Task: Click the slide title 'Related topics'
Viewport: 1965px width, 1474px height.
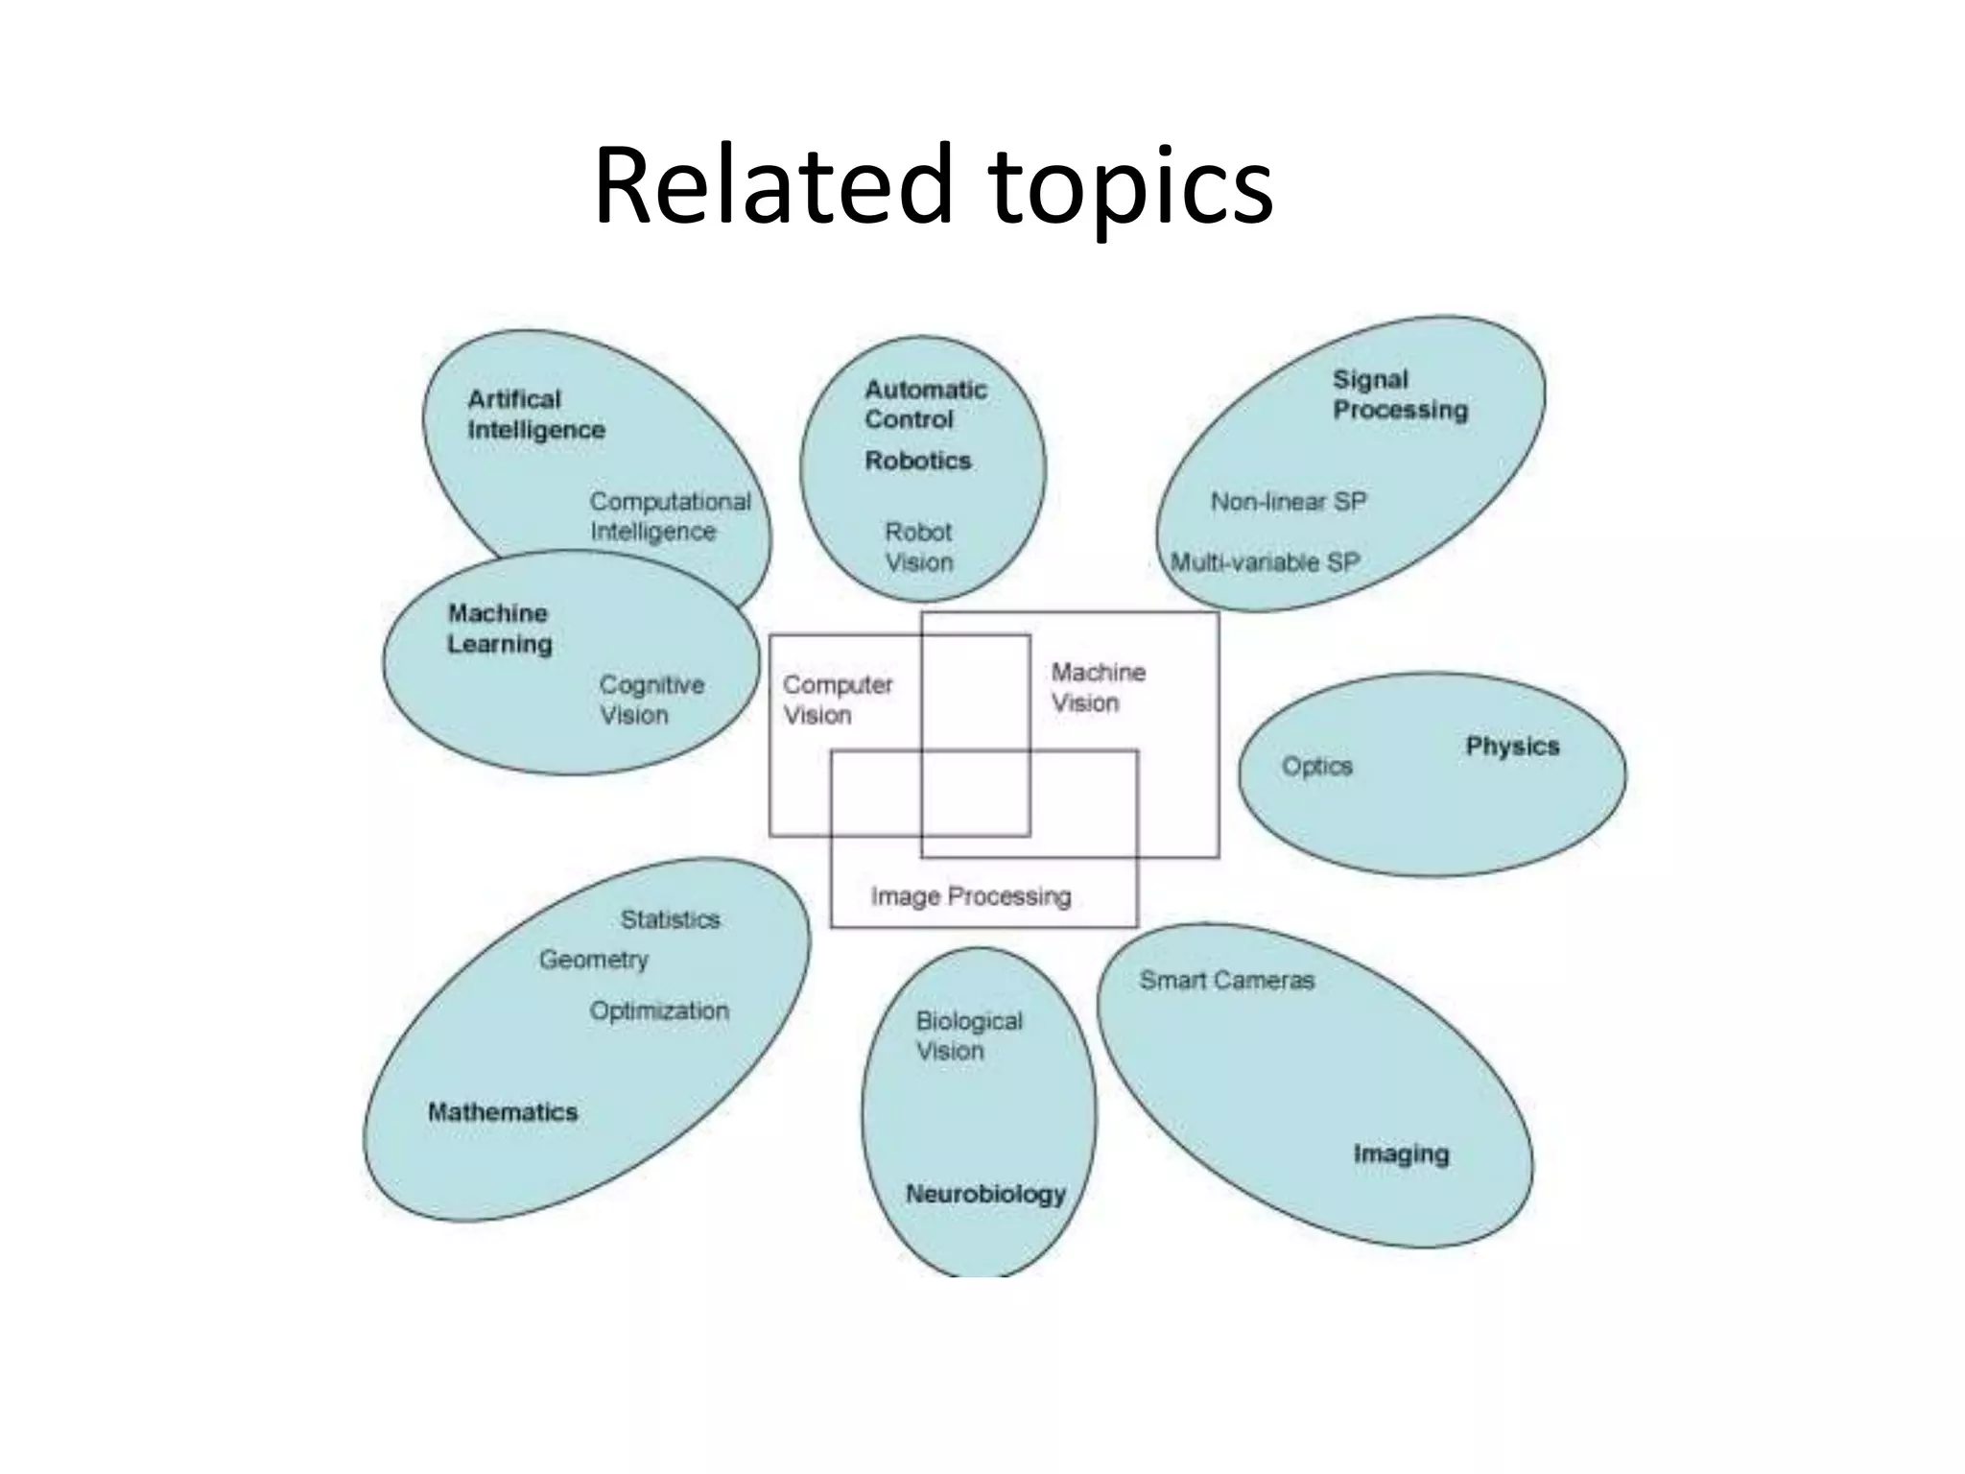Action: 933,186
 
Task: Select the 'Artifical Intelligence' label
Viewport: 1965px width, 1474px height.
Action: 535,415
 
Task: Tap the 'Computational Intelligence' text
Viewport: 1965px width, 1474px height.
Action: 670,516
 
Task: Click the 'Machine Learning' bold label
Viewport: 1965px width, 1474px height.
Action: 499,629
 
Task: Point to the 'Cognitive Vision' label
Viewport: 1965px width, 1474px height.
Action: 651,700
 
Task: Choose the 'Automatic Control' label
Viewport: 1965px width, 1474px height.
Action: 925,404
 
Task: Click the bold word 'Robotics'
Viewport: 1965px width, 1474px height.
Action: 918,461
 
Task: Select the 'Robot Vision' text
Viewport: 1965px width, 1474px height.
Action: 918,547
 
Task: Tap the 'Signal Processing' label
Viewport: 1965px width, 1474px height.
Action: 1400,394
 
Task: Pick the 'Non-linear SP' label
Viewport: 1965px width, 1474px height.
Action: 1288,502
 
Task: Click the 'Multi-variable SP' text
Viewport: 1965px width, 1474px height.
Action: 1265,562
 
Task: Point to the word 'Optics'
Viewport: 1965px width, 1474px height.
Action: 1316,766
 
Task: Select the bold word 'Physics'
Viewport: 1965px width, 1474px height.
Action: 1512,747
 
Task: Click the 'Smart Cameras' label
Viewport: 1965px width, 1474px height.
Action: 1226,980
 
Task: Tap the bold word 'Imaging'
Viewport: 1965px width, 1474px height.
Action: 1401,1153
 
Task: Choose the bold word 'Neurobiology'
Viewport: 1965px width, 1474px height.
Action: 985,1194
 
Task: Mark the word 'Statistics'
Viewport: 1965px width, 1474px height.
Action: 670,919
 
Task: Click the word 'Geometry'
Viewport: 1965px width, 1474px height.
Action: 593,960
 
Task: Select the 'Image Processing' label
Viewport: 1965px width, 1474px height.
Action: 970,896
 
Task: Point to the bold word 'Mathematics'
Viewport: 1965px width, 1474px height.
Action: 503,1112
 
